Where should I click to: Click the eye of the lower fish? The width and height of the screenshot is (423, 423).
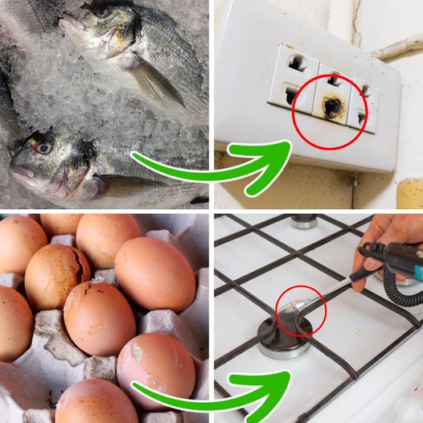pyautogui.click(x=42, y=147)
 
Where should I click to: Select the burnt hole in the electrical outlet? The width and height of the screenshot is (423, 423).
pyautogui.click(x=331, y=108)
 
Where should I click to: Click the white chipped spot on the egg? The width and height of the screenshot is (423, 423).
pyautogui.click(x=133, y=351)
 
